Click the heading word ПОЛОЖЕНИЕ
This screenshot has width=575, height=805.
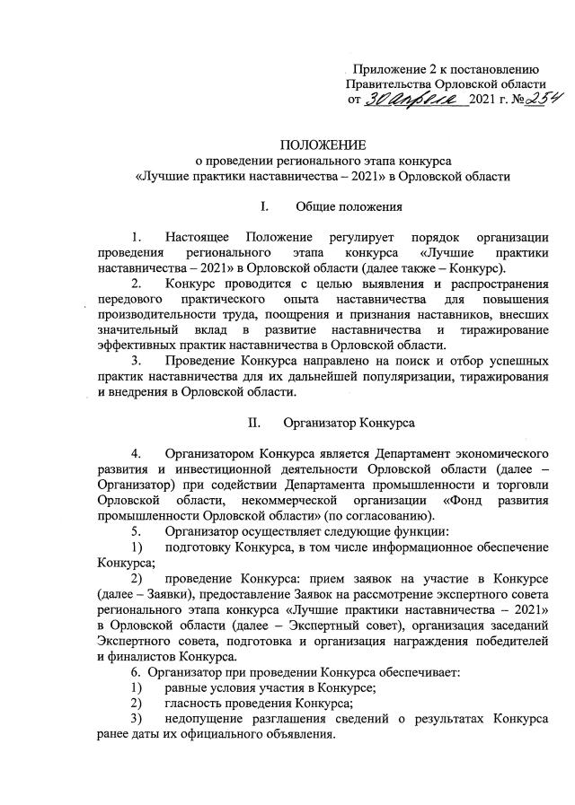(323, 144)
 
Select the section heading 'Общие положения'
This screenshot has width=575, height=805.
(349, 207)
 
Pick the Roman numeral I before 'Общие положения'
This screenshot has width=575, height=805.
(263, 207)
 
